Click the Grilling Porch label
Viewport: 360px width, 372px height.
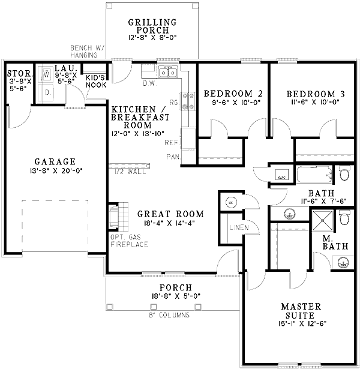152,27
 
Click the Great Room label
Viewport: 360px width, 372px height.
170,214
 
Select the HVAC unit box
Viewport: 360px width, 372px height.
283,178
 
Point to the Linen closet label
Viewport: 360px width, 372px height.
238,228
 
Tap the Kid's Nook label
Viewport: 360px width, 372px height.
96,81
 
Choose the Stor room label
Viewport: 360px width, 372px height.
16,74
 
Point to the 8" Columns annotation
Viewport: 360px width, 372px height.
169,314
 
